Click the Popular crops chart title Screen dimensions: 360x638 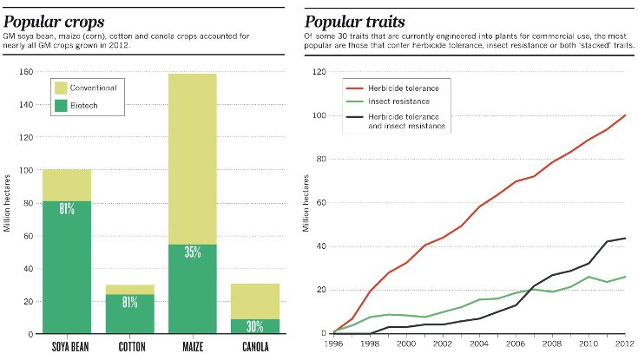coord(53,20)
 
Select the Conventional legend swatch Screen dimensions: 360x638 coord(61,88)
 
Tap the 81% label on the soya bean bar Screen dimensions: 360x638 coord(67,209)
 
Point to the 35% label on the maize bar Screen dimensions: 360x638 coord(192,252)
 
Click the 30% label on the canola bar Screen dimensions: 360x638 coord(255,327)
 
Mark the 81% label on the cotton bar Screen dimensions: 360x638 coord(129,303)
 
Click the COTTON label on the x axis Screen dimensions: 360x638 coord(129,347)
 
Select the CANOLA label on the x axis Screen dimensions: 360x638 coord(255,347)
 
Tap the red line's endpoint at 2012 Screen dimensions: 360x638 coord(625,115)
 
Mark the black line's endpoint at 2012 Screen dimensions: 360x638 coord(625,238)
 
